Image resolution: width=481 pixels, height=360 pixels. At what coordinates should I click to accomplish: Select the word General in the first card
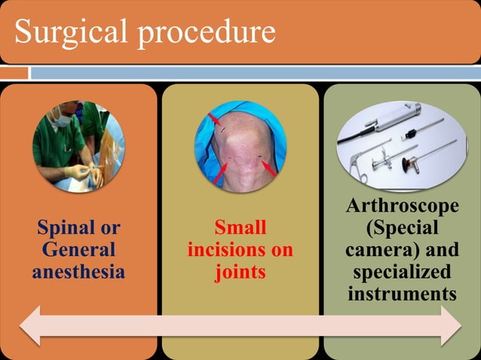tap(78, 249)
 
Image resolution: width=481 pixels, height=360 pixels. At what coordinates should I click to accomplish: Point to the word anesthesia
tap(78, 271)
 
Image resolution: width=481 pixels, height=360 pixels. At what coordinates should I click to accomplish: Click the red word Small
tap(240, 227)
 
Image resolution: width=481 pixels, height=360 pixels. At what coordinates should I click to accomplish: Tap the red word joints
tap(240, 271)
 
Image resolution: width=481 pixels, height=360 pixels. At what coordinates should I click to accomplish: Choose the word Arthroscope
tap(402, 206)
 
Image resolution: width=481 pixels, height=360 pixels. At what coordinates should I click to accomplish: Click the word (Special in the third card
tap(402, 227)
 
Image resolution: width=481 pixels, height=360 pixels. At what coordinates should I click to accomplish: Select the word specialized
tap(402, 271)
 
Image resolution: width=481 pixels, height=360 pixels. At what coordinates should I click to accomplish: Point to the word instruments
tap(402, 293)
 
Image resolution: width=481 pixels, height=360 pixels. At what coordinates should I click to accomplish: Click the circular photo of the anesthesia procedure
tap(78, 146)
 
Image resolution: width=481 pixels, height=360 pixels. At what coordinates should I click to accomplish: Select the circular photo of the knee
tap(240, 146)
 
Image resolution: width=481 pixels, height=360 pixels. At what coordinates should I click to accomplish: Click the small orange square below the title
tap(14, 73)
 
